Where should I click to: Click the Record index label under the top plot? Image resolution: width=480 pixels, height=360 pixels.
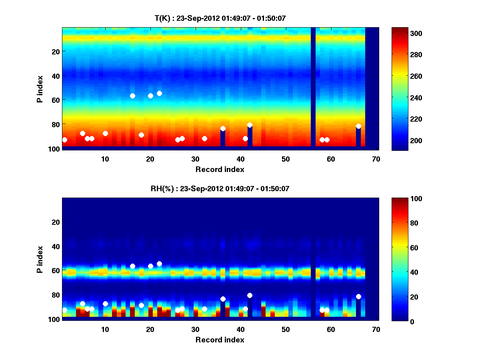[220, 169]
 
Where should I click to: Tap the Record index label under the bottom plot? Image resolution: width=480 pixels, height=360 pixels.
[220, 340]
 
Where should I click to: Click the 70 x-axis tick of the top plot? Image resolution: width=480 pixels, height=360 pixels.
[376, 159]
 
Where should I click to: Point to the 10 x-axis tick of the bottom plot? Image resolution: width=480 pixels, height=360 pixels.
[105, 330]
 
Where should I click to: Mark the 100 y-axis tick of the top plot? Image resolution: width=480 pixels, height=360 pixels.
[55, 149]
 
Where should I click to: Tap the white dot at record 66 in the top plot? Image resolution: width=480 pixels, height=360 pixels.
[358, 126]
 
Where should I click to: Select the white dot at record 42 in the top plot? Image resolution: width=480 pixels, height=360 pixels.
[250, 125]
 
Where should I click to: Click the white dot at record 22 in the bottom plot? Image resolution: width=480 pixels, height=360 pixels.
[159, 264]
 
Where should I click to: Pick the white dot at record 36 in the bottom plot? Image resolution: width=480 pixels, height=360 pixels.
[223, 299]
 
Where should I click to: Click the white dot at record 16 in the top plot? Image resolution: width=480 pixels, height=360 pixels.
[132, 96]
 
